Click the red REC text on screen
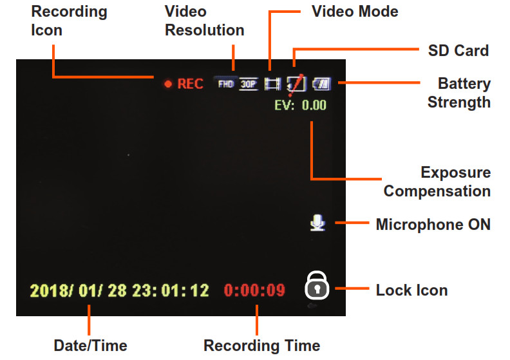click(x=190, y=84)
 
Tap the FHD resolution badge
click(x=226, y=84)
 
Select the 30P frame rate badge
click(x=248, y=84)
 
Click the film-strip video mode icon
click(x=273, y=84)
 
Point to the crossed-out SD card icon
click(x=296, y=82)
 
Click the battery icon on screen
click(x=321, y=83)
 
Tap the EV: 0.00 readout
click(x=300, y=104)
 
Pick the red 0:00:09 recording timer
click(x=254, y=290)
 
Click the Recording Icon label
click(x=70, y=21)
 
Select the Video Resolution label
click(x=204, y=21)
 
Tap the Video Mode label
click(x=355, y=12)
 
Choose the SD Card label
click(x=458, y=50)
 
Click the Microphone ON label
click(x=433, y=225)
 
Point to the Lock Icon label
click(x=411, y=290)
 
